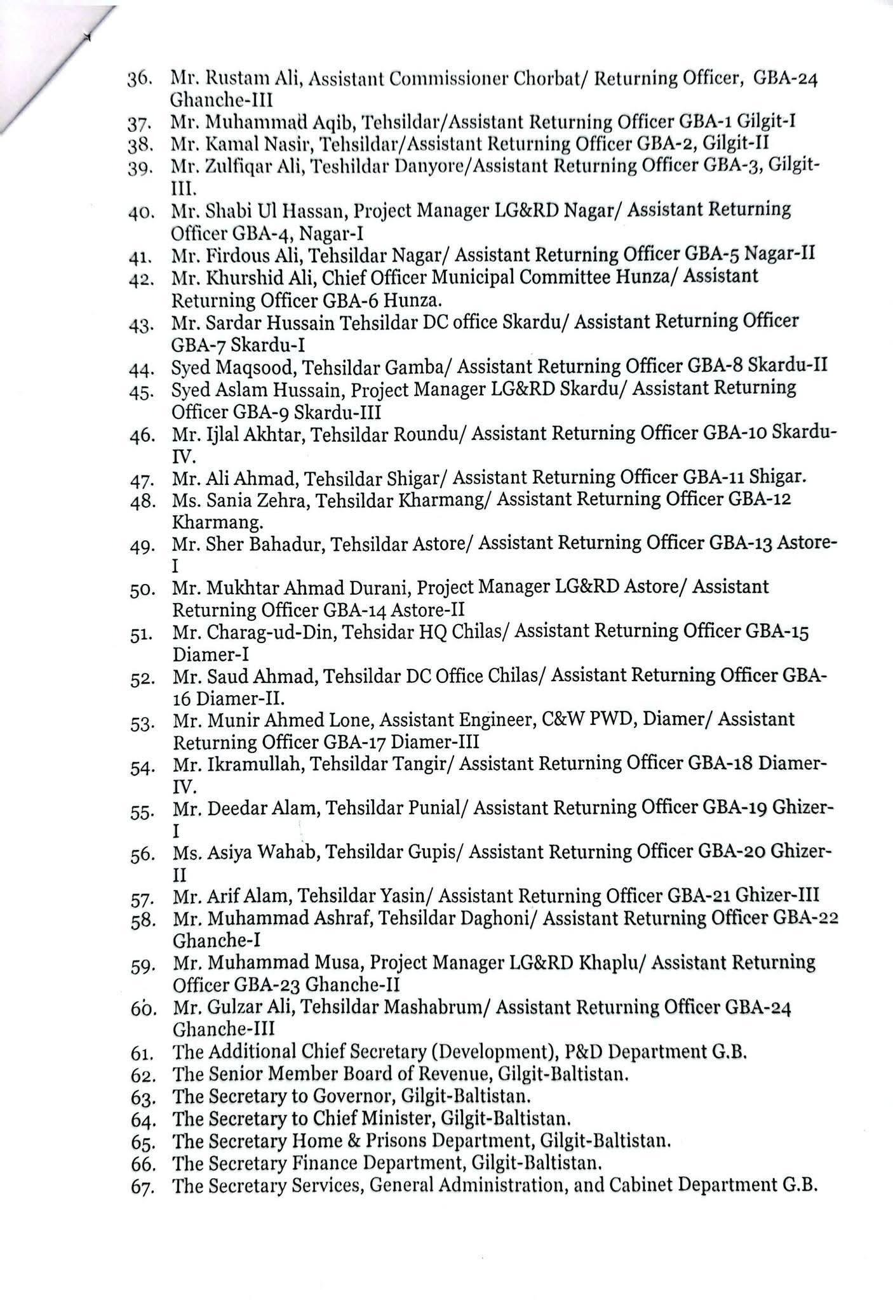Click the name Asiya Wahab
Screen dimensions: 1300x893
pyautogui.click(x=262, y=852)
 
